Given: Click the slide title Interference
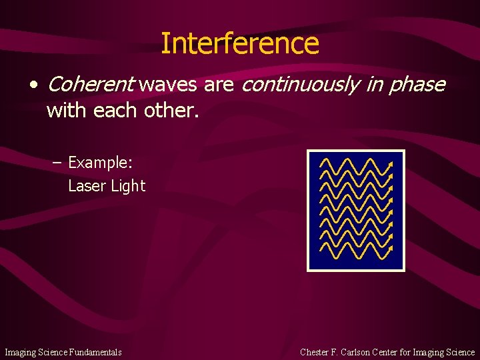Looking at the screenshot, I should tap(240, 43).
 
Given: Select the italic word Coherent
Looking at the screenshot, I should tap(91, 85).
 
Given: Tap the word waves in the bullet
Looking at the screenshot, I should tap(169, 85).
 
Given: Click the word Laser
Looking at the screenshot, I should tap(87, 186).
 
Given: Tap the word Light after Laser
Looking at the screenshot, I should tap(128, 187).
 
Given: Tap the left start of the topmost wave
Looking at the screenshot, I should tap(321, 167).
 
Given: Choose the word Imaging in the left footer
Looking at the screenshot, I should tap(19, 352).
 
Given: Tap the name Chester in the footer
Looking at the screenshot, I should tap(314, 352).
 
